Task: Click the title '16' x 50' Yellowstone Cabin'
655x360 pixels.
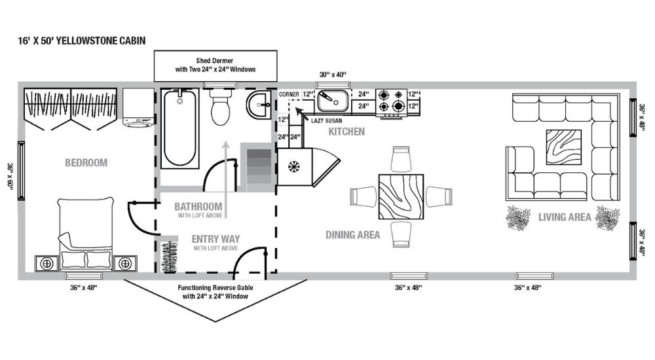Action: coord(81,41)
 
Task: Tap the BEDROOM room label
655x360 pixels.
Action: coord(86,162)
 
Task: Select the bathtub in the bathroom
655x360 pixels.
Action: coord(180,128)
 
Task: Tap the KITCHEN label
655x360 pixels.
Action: coord(346,132)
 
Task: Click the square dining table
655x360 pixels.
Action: coord(400,196)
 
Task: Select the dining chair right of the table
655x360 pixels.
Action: coord(438,196)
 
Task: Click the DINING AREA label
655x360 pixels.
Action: coord(352,234)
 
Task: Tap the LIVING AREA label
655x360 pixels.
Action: coord(565,217)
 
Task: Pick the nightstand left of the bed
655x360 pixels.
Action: coord(47,263)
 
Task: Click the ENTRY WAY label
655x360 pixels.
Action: coord(215,239)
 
